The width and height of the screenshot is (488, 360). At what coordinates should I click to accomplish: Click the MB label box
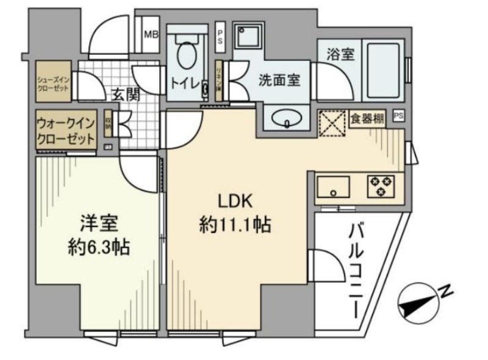[x=151, y=34]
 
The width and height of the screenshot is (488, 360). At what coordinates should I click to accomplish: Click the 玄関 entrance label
[x=126, y=95]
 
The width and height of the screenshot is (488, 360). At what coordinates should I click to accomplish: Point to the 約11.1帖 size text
[x=234, y=225]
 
